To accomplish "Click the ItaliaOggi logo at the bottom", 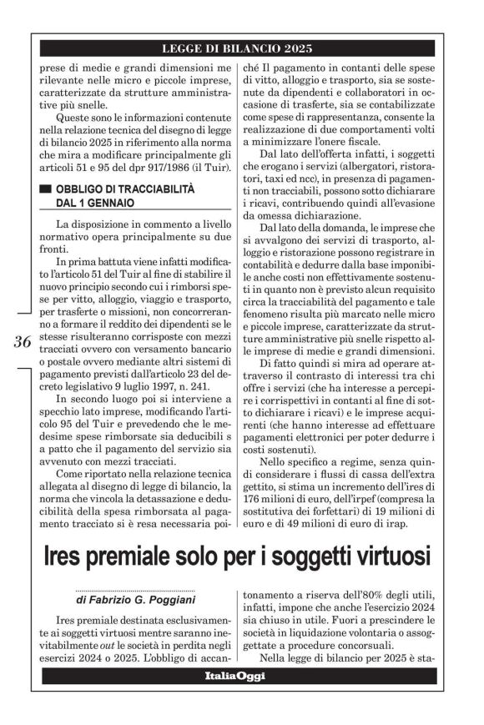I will point(241,677).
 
